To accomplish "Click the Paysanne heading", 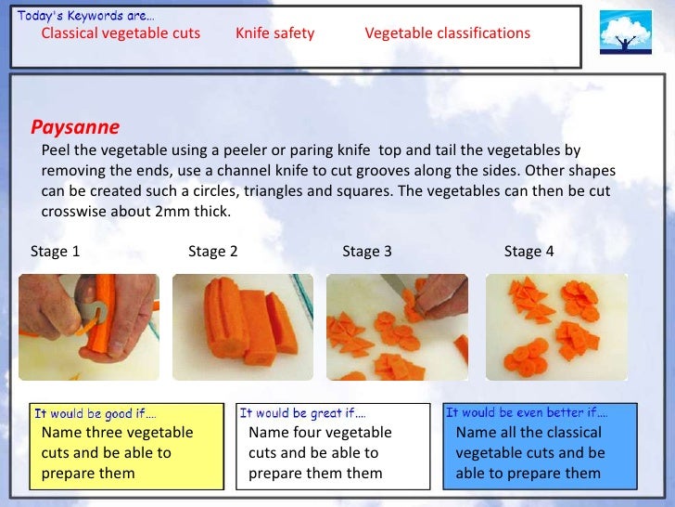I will pyautogui.click(x=75, y=127).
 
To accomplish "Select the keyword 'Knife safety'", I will pyautogui.click(x=274, y=33).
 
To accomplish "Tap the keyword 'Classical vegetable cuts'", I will pyautogui.click(x=121, y=33).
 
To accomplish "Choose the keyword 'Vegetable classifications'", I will pyautogui.click(x=447, y=33).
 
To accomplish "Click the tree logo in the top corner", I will pyautogui.click(x=625, y=34).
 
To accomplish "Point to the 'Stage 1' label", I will pyautogui.click(x=56, y=251).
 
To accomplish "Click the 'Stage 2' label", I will pyautogui.click(x=213, y=251).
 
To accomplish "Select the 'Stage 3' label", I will pyautogui.click(x=367, y=251).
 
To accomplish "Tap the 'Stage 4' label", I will pyautogui.click(x=529, y=251).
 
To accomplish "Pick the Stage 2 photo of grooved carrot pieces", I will pyautogui.click(x=243, y=327).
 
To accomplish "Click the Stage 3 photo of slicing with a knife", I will pyautogui.click(x=397, y=327).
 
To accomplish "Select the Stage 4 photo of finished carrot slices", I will pyautogui.click(x=556, y=327).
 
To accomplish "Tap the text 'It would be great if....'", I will pyautogui.click(x=302, y=413).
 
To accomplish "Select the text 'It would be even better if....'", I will pyautogui.click(x=527, y=412).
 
